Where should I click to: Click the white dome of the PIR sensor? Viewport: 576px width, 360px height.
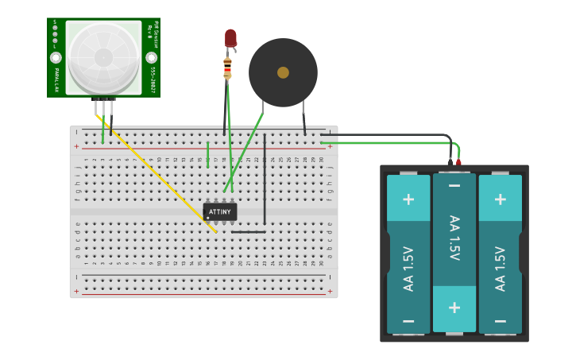(x=103, y=56)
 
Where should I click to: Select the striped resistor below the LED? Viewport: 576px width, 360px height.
(x=228, y=68)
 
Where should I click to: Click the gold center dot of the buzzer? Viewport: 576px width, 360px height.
(x=283, y=72)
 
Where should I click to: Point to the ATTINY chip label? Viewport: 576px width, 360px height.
(x=220, y=212)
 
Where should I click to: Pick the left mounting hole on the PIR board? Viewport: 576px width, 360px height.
(x=56, y=58)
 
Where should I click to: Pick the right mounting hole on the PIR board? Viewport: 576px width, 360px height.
(x=151, y=58)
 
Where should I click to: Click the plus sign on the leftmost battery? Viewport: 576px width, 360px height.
(x=408, y=199)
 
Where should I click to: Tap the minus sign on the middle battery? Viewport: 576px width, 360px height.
(x=454, y=186)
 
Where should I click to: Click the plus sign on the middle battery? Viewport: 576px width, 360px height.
(x=454, y=307)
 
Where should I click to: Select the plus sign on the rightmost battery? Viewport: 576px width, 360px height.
(x=501, y=199)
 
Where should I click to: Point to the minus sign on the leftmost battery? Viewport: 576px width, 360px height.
(x=408, y=320)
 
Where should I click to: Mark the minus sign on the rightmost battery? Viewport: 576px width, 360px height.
(x=501, y=320)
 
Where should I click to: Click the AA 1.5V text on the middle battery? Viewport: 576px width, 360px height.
(x=454, y=238)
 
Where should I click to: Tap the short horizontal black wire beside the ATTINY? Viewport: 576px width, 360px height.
(x=248, y=232)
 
